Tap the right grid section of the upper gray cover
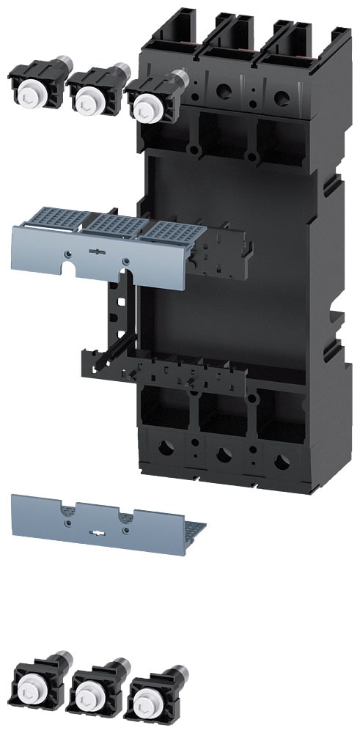[167, 232]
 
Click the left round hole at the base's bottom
[166, 448]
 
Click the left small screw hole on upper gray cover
[67, 252]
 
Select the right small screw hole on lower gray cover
[126, 529]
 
